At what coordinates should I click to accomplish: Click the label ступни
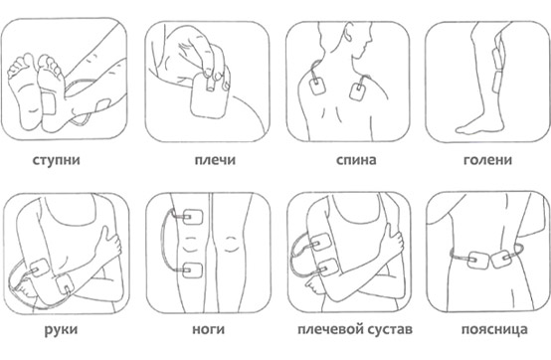click(x=57, y=160)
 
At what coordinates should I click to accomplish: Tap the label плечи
click(x=215, y=160)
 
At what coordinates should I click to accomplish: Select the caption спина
click(x=356, y=160)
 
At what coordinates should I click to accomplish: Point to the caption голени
click(x=487, y=160)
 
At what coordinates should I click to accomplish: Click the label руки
click(x=61, y=330)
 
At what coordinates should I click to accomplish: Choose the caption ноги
click(x=209, y=329)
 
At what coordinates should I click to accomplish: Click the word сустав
click(x=389, y=330)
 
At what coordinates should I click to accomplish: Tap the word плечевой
click(x=328, y=329)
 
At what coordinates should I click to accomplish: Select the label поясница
click(x=494, y=330)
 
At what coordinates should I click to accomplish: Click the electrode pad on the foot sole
click(x=48, y=103)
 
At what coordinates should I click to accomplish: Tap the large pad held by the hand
click(x=209, y=95)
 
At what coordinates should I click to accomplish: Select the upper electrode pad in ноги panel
click(x=193, y=217)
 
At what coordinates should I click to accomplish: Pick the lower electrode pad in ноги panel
click(x=193, y=270)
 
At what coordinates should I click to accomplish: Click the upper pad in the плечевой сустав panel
click(x=321, y=243)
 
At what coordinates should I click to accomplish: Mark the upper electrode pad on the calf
click(x=498, y=57)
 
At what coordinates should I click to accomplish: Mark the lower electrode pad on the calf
click(x=498, y=82)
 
